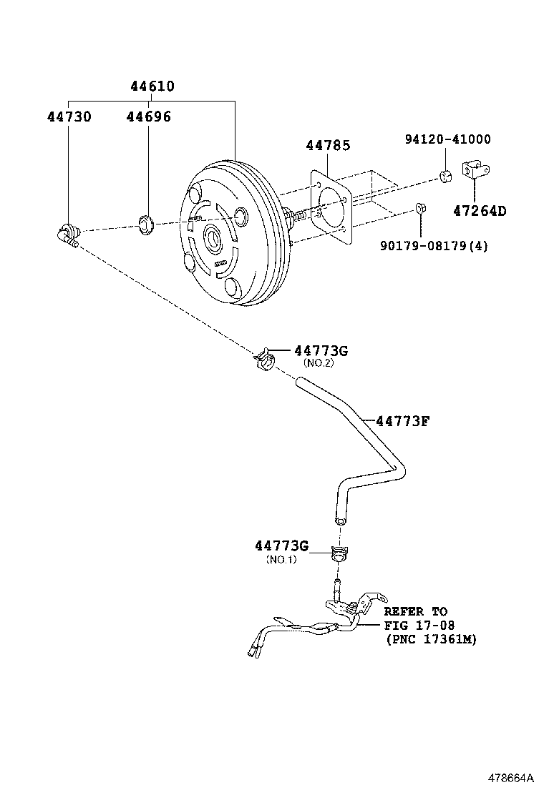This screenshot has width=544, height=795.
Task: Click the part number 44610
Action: [x=152, y=87]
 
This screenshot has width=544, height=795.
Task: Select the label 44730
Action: [x=69, y=116]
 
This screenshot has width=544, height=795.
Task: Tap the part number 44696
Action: [x=148, y=116]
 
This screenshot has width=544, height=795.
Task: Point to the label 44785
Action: [x=328, y=145]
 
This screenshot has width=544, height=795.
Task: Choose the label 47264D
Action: [x=479, y=211]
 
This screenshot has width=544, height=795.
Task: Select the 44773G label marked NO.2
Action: [x=321, y=350]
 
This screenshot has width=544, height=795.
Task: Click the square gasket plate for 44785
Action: [x=331, y=208]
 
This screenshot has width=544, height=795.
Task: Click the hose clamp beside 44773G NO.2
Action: [x=265, y=357]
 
